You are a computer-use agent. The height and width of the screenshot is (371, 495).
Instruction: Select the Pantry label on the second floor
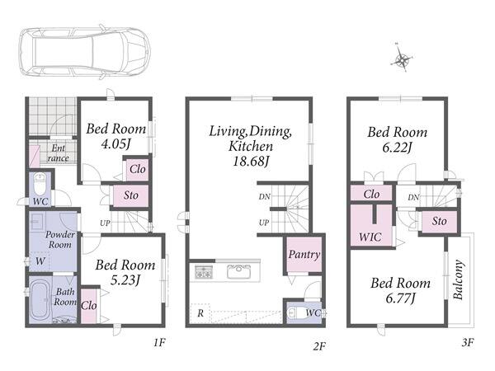pyautogui.click(x=304, y=254)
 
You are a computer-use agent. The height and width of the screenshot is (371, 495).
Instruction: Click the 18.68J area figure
pyautogui.click(x=251, y=162)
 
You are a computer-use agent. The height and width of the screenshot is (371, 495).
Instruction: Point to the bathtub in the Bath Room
pyautogui.click(x=40, y=301)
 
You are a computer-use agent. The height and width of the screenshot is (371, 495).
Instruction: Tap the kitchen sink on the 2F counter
pyautogui.click(x=239, y=271)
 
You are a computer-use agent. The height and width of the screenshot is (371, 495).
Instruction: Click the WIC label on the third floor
pyautogui.click(x=370, y=237)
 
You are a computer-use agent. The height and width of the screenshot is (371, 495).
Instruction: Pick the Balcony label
pyautogui.click(x=458, y=279)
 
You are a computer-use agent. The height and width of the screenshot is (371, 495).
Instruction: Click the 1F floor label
pyautogui.click(x=160, y=342)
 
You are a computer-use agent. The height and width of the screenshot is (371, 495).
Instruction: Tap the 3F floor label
pyautogui.click(x=468, y=342)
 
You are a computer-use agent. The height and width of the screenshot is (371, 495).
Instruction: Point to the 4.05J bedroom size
pyautogui.click(x=115, y=144)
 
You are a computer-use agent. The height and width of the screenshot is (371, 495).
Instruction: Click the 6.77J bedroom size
pyautogui.click(x=400, y=298)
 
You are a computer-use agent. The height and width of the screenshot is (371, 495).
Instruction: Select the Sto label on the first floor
pyautogui.click(x=130, y=195)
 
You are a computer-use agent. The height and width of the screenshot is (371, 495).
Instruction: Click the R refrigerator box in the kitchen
pyautogui.click(x=200, y=313)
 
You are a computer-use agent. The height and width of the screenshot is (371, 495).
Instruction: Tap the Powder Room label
pyautogui.click(x=60, y=239)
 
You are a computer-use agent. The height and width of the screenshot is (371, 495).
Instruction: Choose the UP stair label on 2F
pyautogui.click(x=264, y=223)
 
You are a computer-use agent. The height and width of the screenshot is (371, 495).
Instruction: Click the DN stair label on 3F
pyautogui.click(x=413, y=198)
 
